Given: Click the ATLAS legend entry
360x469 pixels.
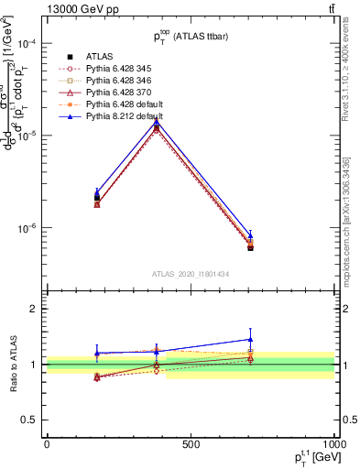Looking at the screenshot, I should [100, 56].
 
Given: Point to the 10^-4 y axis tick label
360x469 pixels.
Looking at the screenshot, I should [27, 43].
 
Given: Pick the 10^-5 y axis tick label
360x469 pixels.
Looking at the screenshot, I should [27, 136].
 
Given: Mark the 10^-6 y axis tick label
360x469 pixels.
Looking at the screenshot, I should [27, 228].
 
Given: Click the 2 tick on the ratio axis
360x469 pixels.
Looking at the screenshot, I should [34, 310].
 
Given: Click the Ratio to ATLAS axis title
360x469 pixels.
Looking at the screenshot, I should [13, 363].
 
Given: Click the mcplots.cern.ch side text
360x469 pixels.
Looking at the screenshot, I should [346, 247].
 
